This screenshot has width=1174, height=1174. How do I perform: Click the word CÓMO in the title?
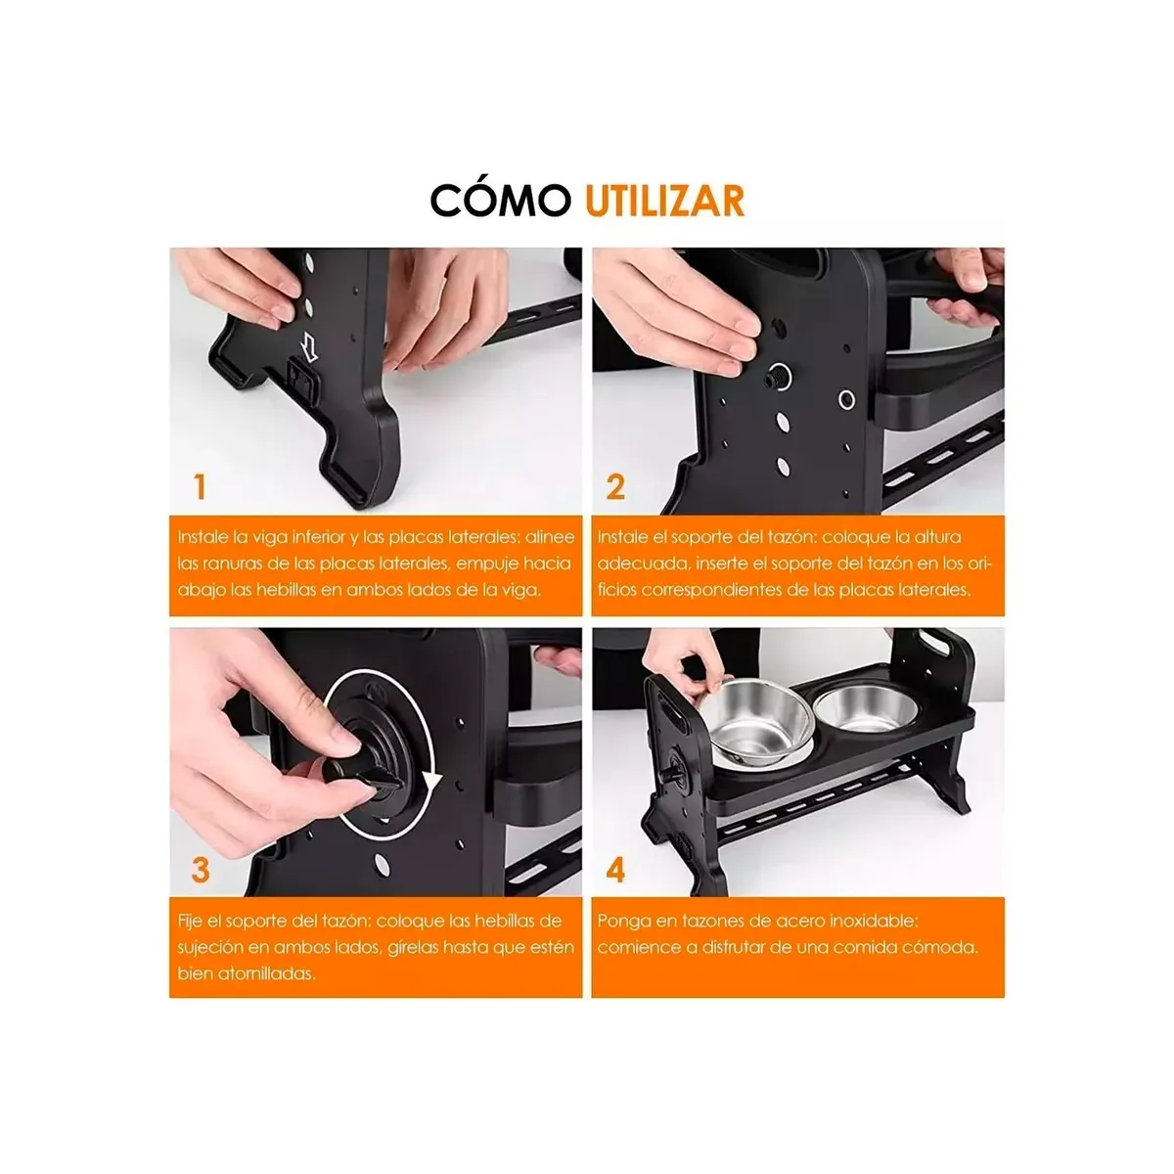coord(500,200)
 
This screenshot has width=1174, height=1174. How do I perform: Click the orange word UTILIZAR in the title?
coord(665,200)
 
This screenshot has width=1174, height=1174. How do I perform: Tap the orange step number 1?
coord(200,486)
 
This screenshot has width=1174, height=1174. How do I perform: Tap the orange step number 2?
coord(615,486)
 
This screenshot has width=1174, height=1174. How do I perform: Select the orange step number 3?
coord(201,870)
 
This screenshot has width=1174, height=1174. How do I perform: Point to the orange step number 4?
coord(615,870)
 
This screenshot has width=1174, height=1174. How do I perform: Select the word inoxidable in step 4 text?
coord(877,921)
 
